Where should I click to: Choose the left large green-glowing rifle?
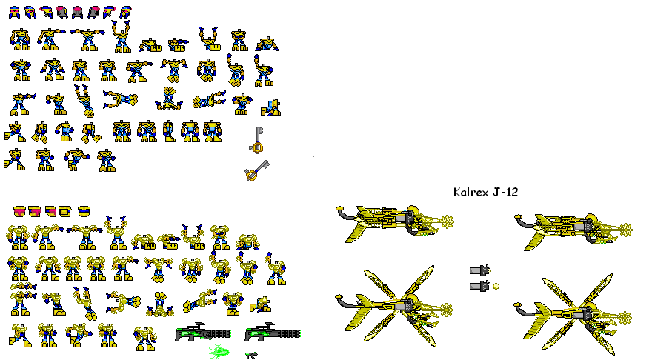click(x=202, y=333)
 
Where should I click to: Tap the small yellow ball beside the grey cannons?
click(x=496, y=285)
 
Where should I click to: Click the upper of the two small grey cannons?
click(x=480, y=271)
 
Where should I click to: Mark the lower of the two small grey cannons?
click(x=480, y=285)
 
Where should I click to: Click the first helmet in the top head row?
click(x=13, y=11)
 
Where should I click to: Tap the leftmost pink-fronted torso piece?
click(x=19, y=212)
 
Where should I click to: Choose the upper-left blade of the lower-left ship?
click(x=376, y=283)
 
